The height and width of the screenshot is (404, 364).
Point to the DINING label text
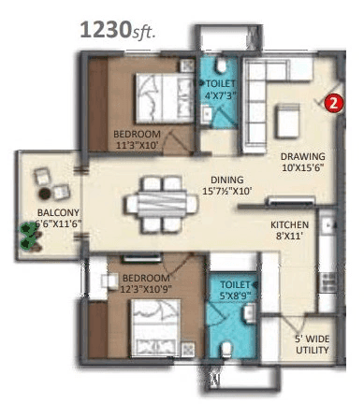[x=226, y=180]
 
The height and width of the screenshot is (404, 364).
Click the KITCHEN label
[x=289, y=225]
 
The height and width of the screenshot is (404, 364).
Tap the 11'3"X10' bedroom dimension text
[x=138, y=145]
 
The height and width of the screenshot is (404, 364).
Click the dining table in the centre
[x=158, y=197]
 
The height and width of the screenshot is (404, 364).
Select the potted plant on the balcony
[x=30, y=238]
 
